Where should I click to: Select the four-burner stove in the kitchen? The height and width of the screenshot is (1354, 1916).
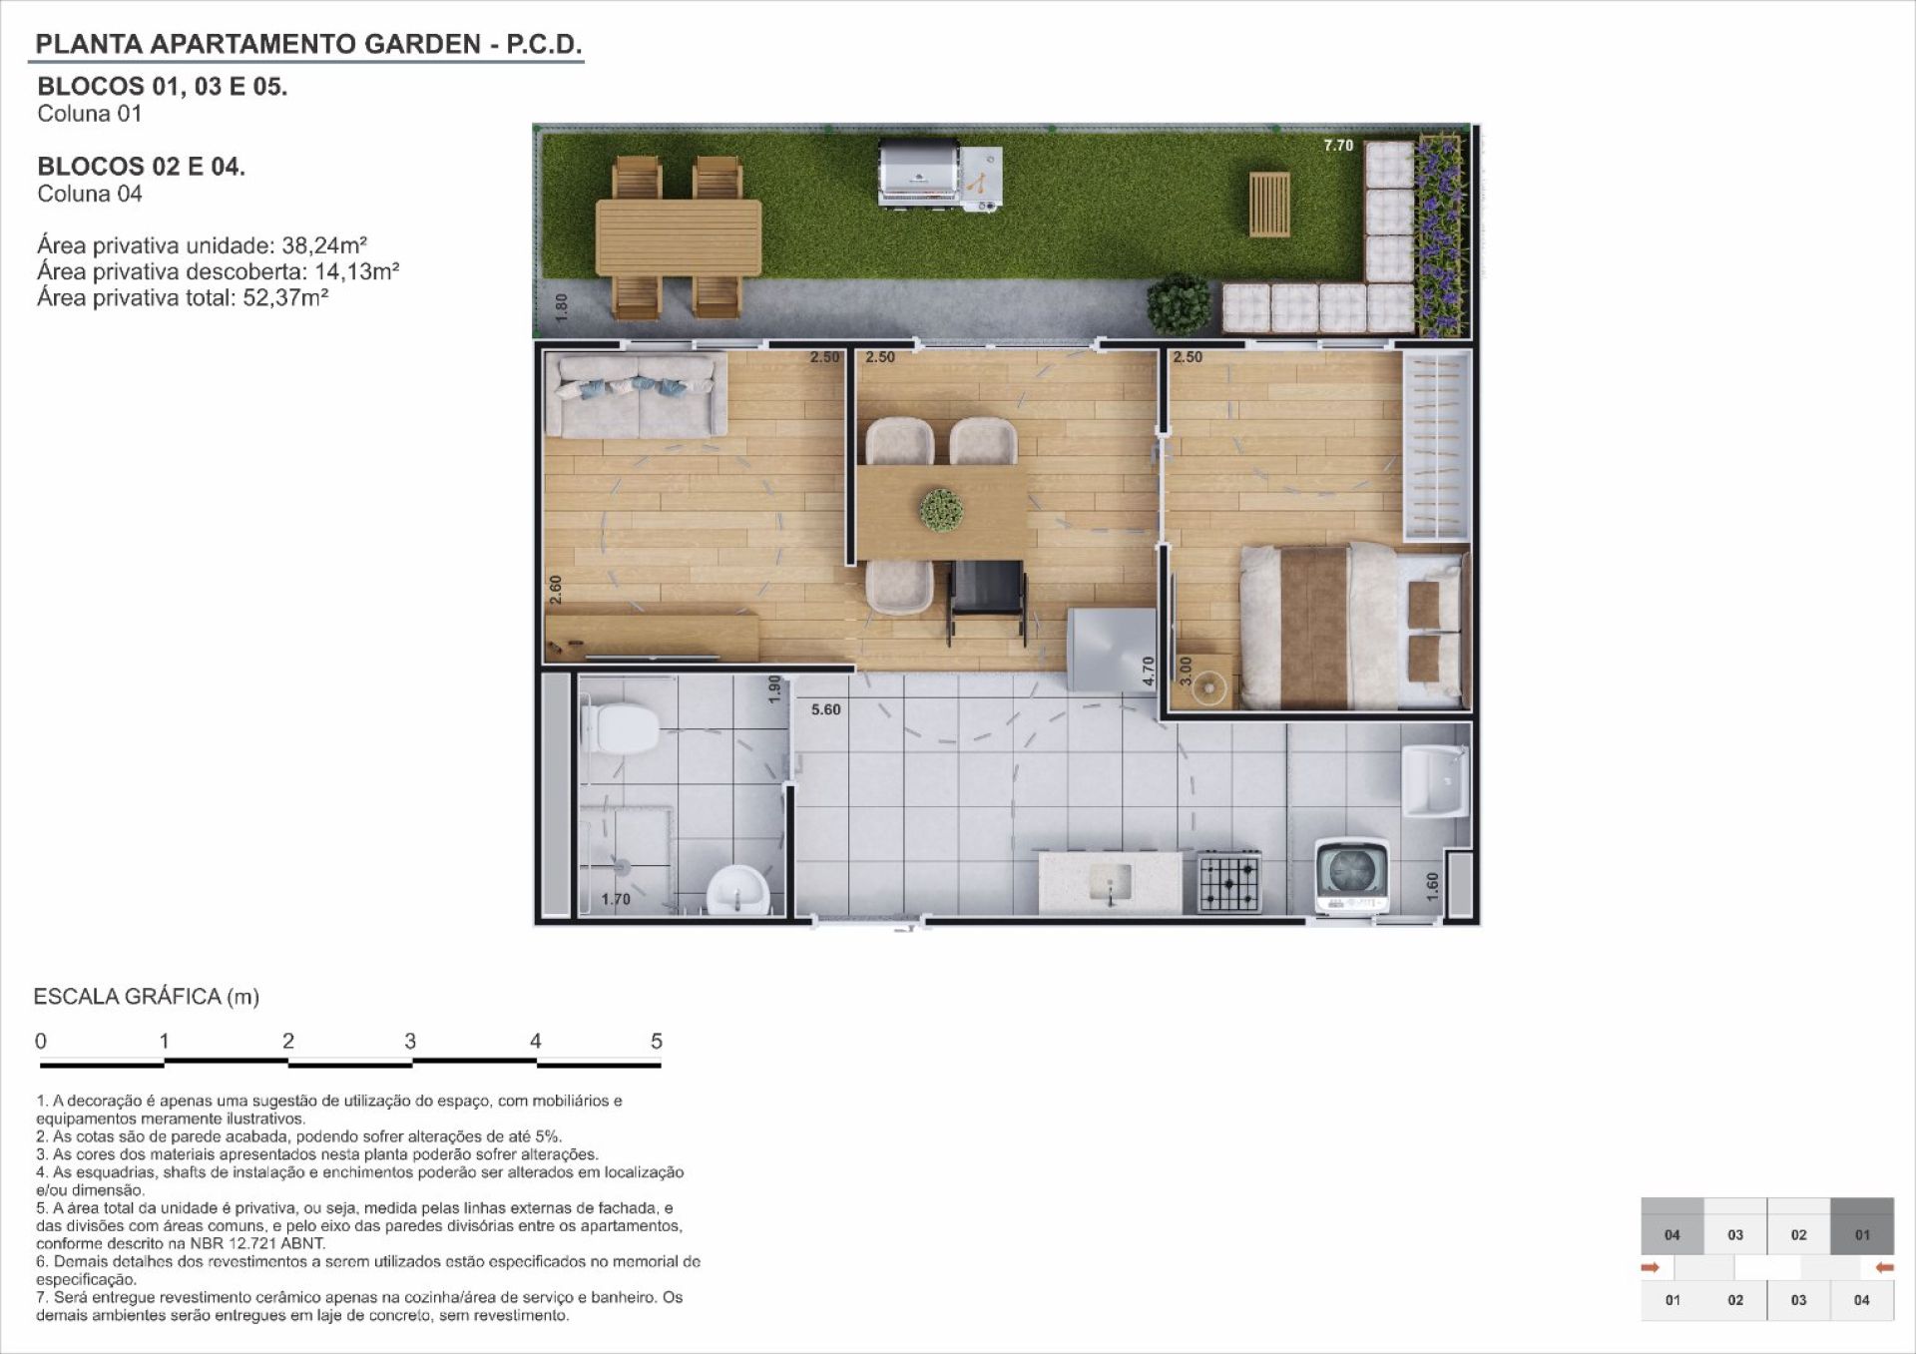pos(1229,881)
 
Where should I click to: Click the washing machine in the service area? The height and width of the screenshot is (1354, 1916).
pos(1352,876)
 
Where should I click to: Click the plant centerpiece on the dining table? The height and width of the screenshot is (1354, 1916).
pos(941,508)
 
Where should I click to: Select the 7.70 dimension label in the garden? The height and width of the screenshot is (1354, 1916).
pos(1338,146)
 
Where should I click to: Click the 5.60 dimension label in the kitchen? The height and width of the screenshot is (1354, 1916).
pos(825,709)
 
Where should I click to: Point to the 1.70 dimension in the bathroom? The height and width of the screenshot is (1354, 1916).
pos(616,899)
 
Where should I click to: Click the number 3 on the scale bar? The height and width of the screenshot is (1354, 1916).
pos(410,1041)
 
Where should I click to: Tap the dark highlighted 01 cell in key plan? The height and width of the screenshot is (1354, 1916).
pos(1862,1226)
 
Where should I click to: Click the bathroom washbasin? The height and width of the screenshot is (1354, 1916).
pos(738,890)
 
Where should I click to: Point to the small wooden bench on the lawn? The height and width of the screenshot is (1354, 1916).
pos(1268,204)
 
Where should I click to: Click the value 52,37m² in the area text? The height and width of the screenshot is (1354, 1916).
pos(286,297)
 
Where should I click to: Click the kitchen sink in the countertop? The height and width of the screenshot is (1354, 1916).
pos(1111,881)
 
